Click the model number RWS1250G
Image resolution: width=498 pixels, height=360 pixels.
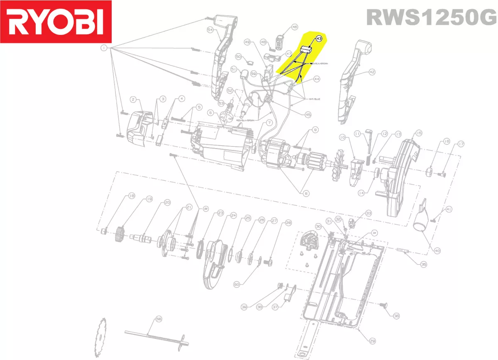click(431, 17)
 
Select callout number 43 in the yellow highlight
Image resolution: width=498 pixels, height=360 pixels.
click(319, 39)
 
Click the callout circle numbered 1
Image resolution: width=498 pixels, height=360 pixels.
click(103, 49)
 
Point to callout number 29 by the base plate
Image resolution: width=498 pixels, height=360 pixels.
click(372, 341)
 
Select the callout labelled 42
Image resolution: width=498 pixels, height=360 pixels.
click(372, 72)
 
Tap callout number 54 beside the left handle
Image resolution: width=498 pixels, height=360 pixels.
click(210, 30)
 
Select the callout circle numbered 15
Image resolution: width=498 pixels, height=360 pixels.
click(418, 133)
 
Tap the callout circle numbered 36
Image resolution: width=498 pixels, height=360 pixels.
click(396, 316)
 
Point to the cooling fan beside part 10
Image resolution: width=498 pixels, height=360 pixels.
click(337, 170)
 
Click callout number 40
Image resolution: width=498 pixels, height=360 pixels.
click(437, 250)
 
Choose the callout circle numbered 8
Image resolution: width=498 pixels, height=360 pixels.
click(306, 193)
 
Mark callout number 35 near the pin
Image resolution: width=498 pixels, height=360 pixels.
click(423, 264)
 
